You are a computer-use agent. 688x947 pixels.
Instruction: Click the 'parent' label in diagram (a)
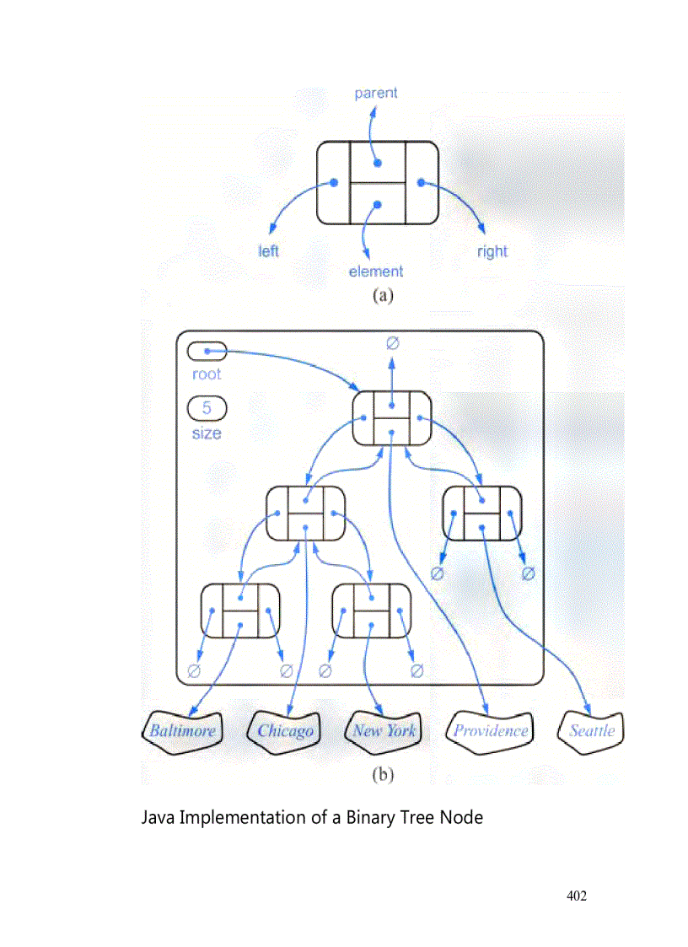(x=375, y=93)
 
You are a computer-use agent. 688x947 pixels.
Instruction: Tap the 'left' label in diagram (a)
(x=268, y=251)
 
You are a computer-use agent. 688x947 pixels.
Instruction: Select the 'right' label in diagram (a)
(x=492, y=251)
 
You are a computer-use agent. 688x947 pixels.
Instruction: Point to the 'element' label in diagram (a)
(x=376, y=272)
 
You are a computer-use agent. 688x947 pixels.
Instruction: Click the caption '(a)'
(x=383, y=295)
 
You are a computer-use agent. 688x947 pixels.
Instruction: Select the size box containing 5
(x=207, y=409)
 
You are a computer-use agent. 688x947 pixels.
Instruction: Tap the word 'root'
(x=207, y=374)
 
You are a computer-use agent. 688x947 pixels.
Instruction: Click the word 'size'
(x=207, y=433)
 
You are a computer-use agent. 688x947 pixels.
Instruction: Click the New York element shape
(x=384, y=730)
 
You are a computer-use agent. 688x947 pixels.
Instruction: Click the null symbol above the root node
(x=392, y=342)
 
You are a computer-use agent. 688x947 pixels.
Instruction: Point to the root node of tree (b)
(x=392, y=418)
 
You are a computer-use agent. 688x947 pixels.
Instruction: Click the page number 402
(x=576, y=896)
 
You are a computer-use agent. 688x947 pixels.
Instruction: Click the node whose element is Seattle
(x=482, y=514)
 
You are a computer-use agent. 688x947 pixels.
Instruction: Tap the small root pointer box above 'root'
(x=207, y=350)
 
